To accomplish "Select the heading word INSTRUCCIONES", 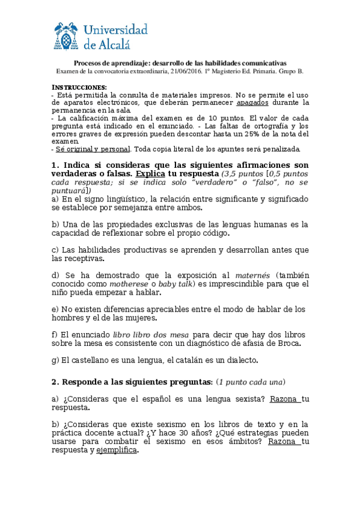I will point(79,87).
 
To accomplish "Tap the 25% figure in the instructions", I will point(271,134).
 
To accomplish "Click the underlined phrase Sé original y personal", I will point(93,149).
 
